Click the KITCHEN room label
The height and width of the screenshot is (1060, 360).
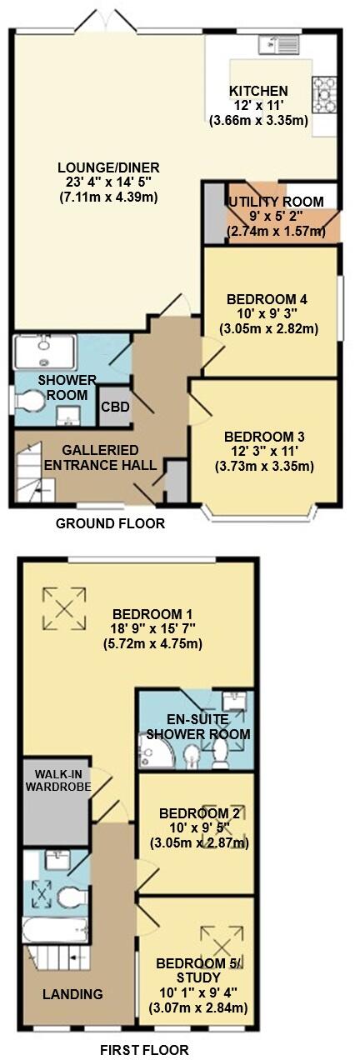click(259, 91)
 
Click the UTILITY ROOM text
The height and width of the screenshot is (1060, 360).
click(276, 202)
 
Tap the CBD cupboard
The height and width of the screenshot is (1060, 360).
click(113, 407)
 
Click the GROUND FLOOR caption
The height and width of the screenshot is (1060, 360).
click(110, 524)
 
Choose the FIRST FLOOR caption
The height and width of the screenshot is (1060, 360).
click(144, 1050)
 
